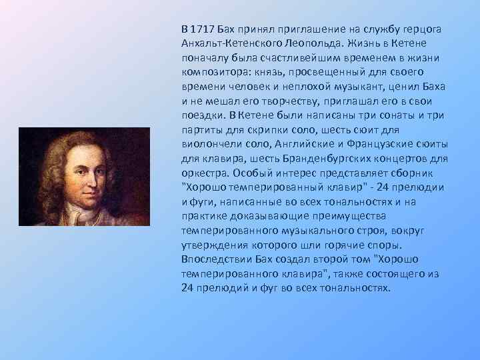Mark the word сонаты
point(393,115)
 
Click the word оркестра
point(203,173)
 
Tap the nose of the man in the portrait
point(86,175)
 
